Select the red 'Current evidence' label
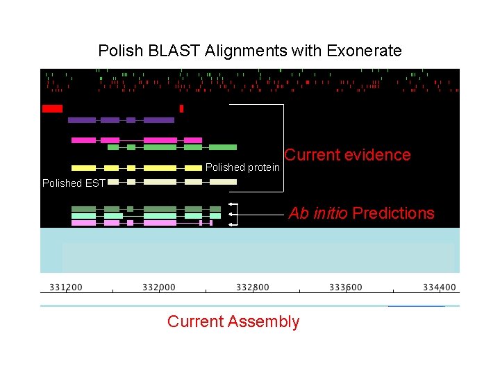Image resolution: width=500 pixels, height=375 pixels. pyautogui.click(x=347, y=155)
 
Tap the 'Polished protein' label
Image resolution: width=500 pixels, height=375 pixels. pyautogui.click(x=242, y=167)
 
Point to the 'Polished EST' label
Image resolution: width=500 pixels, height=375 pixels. pyautogui.click(x=72, y=183)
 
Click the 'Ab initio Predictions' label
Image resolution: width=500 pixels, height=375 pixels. pyautogui.click(x=361, y=213)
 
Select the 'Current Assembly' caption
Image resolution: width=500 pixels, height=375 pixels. pyautogui.click(x=233, y=322)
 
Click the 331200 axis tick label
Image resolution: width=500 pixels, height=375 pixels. pyautogui.click(x=66, y=287)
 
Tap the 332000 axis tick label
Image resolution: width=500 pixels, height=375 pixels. pyautogui.click(x=159, y=287)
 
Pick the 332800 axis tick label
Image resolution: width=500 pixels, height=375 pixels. pyautogui.click(x=253, y=287)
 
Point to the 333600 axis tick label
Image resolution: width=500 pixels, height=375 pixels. pyautogui.click(x=346, y=287)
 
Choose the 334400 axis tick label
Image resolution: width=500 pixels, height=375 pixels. pyautogui.click(x=440, y=287)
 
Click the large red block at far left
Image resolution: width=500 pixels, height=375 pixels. pyautogui.click(x=52, y=108)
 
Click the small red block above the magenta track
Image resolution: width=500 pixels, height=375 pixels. pyautogui.click(x=181, y=108)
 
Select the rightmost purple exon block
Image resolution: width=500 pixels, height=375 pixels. pyautogui.click(x=158, y=120)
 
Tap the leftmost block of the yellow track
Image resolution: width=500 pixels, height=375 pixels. pyautogui.click(x=83, y=167)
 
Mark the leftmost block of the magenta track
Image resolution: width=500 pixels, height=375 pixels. pyautogui.click(x=83, y=140)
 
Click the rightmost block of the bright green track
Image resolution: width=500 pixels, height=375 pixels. pyautogui.click(x=222, y=147)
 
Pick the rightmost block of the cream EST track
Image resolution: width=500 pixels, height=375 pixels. pyautogui.click(x=222, y=182)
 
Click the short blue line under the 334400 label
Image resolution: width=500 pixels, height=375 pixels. pyautogui.click(x=416, y=306)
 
